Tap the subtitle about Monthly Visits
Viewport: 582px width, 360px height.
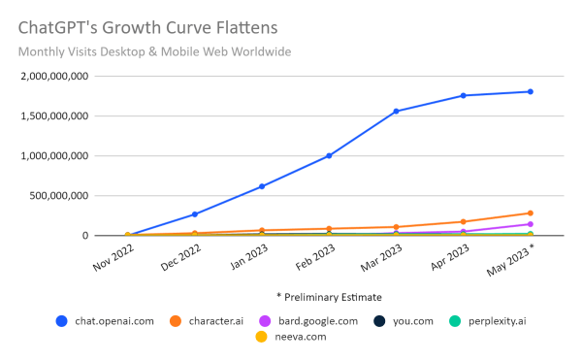154,51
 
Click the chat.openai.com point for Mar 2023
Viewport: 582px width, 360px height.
397,112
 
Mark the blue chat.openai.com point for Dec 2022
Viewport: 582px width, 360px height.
195,214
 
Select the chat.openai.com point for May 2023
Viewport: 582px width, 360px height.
531,92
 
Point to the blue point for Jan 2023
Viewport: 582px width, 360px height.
262,186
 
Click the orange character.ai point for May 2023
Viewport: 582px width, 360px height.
531,213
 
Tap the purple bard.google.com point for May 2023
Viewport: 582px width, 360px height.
531,224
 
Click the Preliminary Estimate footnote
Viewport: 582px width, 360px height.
329,297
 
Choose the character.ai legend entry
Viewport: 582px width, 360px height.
210,321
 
